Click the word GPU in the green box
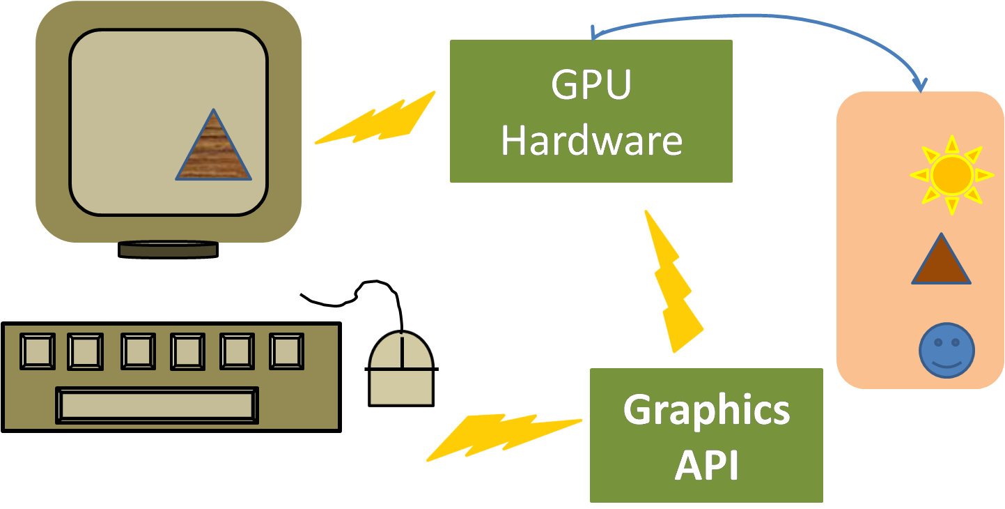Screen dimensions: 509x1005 [x=591, y=86]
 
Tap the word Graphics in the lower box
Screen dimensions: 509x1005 [x=706, y=410]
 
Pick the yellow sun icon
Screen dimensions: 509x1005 [x=951, y=175]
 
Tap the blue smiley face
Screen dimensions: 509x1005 [x=946, y=351]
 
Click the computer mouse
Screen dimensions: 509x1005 [x=402, y=370]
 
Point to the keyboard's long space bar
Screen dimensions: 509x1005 [x=157, y=405]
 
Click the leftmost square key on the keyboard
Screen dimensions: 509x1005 [x=38, y=351]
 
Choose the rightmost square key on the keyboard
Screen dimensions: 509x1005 [x=286, y=351]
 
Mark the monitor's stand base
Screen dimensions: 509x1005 [x=168, y=250]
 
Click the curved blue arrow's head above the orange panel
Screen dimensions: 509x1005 [x=921, y=86]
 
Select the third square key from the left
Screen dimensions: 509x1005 [x=138, y=351]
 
